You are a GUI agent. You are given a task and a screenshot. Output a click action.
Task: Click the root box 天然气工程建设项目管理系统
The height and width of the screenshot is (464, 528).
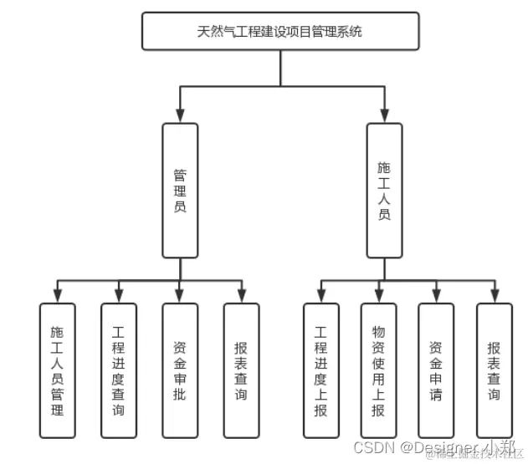pyautogui.click(x=279, y=32)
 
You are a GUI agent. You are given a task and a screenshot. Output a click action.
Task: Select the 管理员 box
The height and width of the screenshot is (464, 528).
pyautogui.click(x=180, y=191)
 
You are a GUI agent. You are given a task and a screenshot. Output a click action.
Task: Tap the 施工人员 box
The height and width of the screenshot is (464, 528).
pyautogui.click(x=384, y=191)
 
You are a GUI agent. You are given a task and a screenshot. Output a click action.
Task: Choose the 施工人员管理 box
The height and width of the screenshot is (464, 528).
pyautogui.click(x=57, y=370)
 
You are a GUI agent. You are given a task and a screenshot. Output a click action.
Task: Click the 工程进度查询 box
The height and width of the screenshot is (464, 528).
pyautogui.click(x=118, y=370)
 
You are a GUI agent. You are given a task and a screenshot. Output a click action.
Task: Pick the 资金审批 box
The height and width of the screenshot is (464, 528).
pyautogui.click(x=180, y=370)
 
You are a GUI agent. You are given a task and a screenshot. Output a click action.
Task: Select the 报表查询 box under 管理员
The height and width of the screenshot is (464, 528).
pyautogui.click(x=241, y=370)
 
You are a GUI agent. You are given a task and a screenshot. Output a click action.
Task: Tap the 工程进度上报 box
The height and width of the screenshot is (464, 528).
pyautogui.click(x=320, y=370)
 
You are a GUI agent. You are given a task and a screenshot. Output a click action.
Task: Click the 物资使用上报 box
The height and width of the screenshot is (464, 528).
pyautogui.click(x=378, y=370)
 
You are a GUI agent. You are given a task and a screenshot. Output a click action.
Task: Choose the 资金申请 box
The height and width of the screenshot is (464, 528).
pyautogui.click(x=436, y=370)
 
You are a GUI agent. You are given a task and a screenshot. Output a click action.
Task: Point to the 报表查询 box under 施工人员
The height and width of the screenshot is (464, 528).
pyautogui.click(x=494, y=370)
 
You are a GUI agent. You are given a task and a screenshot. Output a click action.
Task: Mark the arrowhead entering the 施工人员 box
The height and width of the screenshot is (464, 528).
pyautogui.click(x=384, y=116)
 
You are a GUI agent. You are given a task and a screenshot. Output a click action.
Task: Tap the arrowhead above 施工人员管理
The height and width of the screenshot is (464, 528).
pyautogui.click(x=57, y=296)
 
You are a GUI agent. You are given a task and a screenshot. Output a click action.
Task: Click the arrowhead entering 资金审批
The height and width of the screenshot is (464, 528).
pyautogui.click(x=180, y=296)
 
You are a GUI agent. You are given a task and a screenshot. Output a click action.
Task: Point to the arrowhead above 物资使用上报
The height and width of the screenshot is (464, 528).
pyautogui.click(x=378, y=296)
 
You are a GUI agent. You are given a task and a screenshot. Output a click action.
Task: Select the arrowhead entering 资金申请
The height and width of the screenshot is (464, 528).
pyautogui.click(x=436, y=296)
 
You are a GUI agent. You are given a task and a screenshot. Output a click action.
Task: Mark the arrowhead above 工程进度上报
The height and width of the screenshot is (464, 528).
pyautogui.click(x=320, y=296)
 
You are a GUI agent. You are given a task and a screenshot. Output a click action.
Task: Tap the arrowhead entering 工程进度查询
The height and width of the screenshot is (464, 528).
pyautogui.click(x=118, y=296)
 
